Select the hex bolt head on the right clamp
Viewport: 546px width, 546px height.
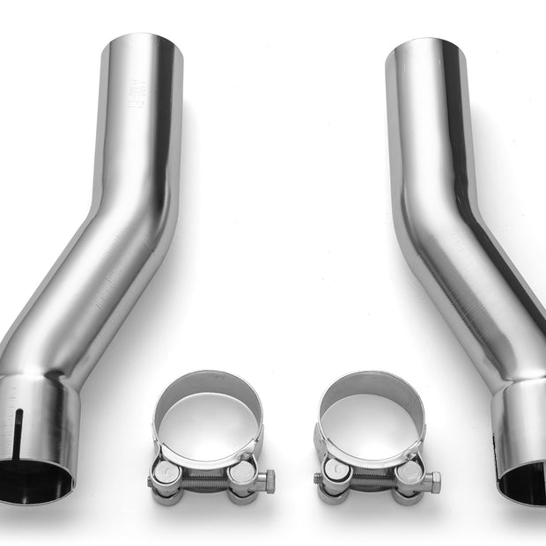point(432,481)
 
